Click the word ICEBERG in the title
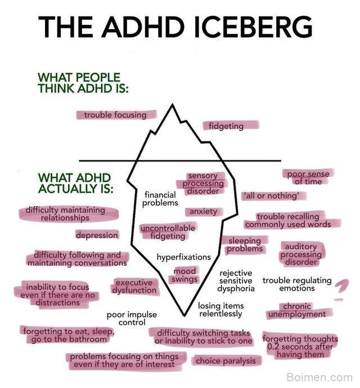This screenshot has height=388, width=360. pyautogui.click(x=253, y=26)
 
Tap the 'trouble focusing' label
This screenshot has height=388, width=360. pyautogui.click(x=115, y=115)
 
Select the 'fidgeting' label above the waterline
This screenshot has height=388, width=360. pyautogui.click(x=226, y=126)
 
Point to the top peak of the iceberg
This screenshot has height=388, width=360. pyautogui.click(x=172, y=104)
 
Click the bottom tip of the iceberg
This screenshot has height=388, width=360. pyautogui.click(x=184, y=315)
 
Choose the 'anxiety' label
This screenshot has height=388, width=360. pyautogui.click(x=203, y=212)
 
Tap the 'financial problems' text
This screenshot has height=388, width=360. pyautogui.click(x=160, y=199)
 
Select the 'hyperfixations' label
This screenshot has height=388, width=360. pyautogui.click(x=184, y=257)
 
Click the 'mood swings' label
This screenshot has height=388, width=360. pyautogui.click(x=184, y=275)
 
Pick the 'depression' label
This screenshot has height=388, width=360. pyautogui.click(x=97, y=235)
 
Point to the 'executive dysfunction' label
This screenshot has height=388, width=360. pyautogui.click(x=134, y=286)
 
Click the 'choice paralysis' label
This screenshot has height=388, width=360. pyautogui.click(x=226, y=361)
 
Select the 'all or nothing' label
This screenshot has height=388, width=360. pyautogui.click(x=272, y=196)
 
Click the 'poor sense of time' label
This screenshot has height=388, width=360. pyautogui.click(x=308, y=177)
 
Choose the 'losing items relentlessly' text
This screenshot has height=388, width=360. pyautogui.click(x=221, y=310)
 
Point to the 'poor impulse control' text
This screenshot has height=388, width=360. pyautogui.click(x=132, y=318)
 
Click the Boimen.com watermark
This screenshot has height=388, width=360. pyautogui.click(x=319, y=377)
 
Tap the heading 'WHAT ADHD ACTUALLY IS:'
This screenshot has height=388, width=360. pyautogui.click(x=75, y=183)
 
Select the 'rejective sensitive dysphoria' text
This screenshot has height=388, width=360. pyautogui.click(x=236, y=280)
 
